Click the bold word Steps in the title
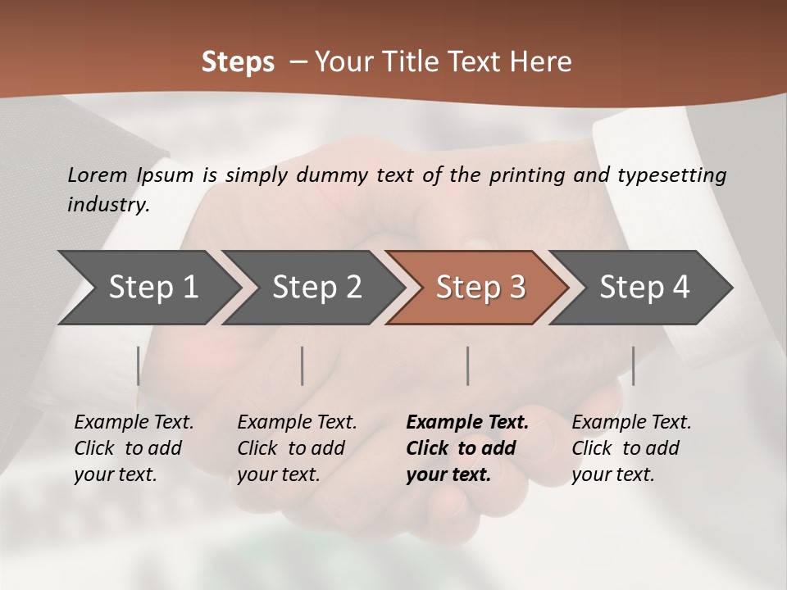pos(238,62)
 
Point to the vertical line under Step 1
pos(138,365)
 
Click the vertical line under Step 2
pos(303,365)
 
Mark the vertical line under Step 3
pos(467,365)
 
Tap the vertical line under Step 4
pos(633,365)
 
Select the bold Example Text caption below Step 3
pos(467,447)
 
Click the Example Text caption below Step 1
pos(134,447)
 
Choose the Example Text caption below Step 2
pos(297,447)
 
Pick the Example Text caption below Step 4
pos(631,447)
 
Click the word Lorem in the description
pos(97,175)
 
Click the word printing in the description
pos(525,175)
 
